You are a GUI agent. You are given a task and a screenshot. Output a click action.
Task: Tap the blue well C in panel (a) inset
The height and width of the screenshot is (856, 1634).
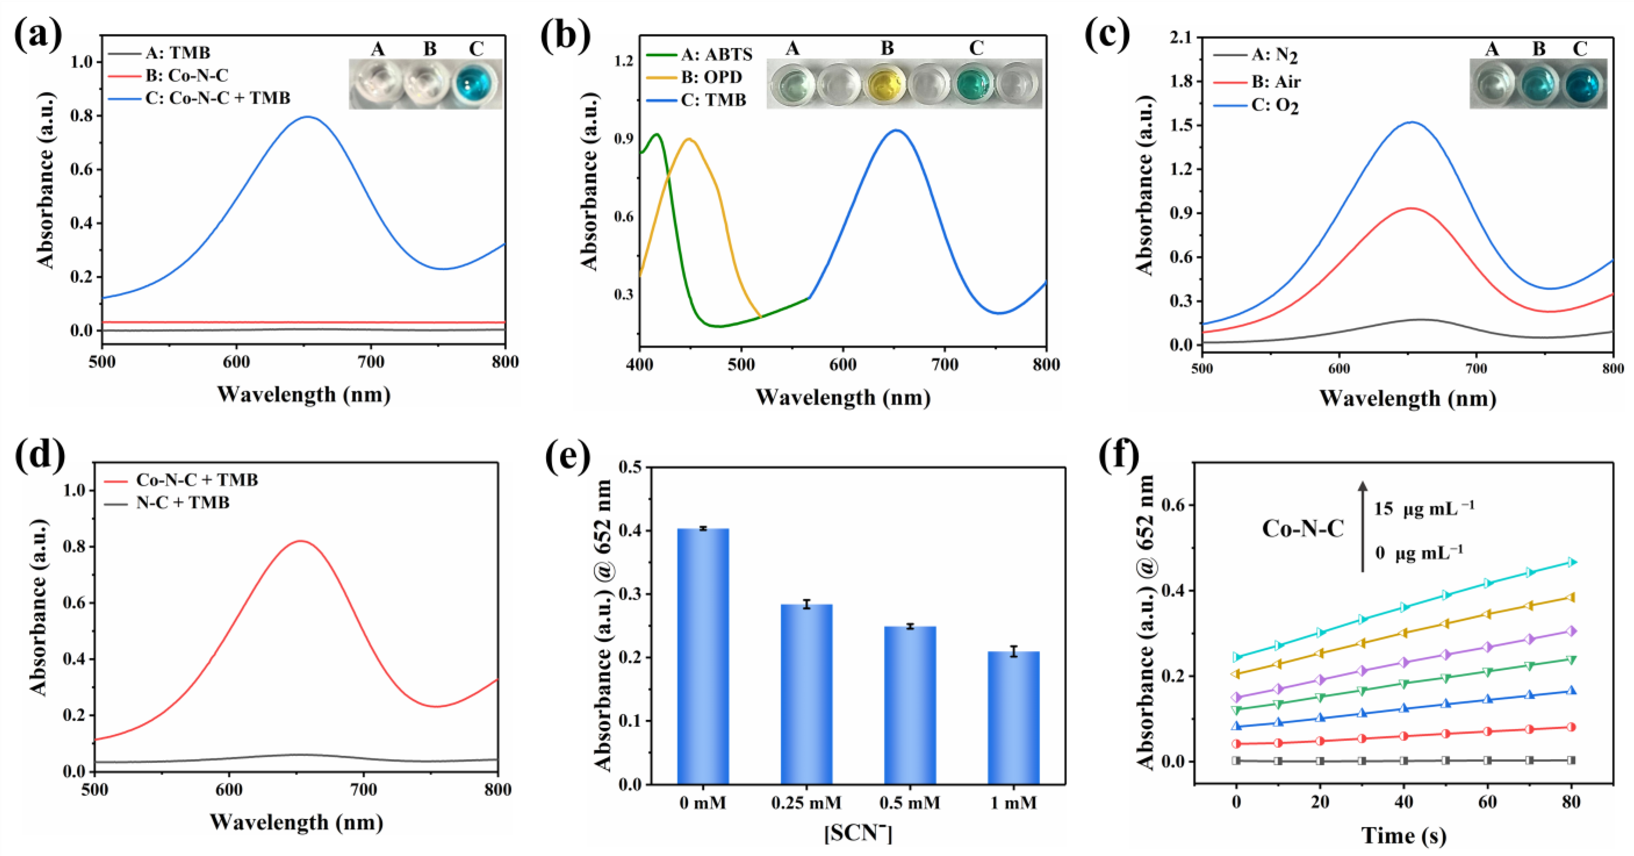(476, 84)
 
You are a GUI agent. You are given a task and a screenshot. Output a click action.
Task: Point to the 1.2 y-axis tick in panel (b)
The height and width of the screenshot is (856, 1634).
(624, 61)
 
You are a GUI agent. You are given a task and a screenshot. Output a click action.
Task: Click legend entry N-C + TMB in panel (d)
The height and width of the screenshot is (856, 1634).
(183, 503)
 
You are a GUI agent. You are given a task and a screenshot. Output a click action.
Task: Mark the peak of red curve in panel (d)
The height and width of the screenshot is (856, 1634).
(301, 541)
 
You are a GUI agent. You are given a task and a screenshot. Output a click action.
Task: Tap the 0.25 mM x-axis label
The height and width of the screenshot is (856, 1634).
(806, 803)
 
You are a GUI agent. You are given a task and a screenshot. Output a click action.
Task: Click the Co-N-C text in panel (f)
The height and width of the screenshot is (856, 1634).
(1302, 529)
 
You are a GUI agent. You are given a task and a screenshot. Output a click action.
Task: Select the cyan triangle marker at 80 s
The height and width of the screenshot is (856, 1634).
(1571, 562)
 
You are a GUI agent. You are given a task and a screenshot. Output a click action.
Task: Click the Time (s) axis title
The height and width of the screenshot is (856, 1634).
(1403, 836)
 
